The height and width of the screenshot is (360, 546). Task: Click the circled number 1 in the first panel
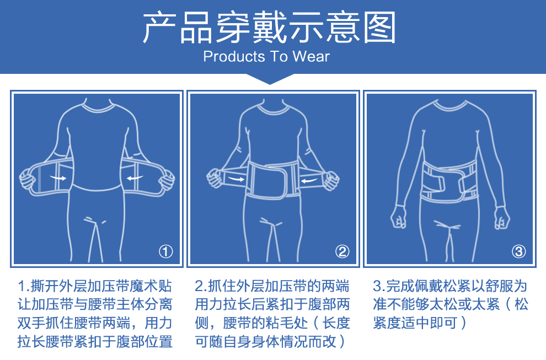tap(166, 251)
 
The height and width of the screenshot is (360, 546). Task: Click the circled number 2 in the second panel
tap(342, 251)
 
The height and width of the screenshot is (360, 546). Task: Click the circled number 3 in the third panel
tap(519, 251)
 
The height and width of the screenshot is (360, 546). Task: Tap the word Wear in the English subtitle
tap(311, 56)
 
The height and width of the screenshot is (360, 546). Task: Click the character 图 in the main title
tap(379, 27)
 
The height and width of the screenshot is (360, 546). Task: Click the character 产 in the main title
tap(159, 27)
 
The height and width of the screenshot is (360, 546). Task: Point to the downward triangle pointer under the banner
tap(270, 79)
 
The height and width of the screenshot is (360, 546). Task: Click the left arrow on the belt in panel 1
tap(58, 178)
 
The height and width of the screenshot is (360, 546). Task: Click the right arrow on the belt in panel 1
tap(135, 178)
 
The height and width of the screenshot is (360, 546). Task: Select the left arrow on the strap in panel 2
tap(235, 179)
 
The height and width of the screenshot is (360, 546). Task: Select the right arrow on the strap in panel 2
tap(309, 180)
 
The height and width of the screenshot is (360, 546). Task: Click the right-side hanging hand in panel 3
tap(502, 218)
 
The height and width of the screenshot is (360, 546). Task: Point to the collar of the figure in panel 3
tap(450, 105)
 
